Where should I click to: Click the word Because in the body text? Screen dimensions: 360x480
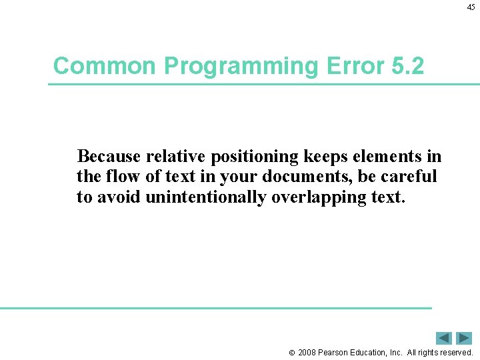click(x=109, y=157)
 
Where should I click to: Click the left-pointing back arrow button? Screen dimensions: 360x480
click(x=444, y=338)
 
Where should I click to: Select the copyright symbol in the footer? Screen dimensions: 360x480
click(x=291, y=353)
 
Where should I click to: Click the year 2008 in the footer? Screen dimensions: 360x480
click(x=308, y=353)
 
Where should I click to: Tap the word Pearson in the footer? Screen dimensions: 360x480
click(x=337, y=353)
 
